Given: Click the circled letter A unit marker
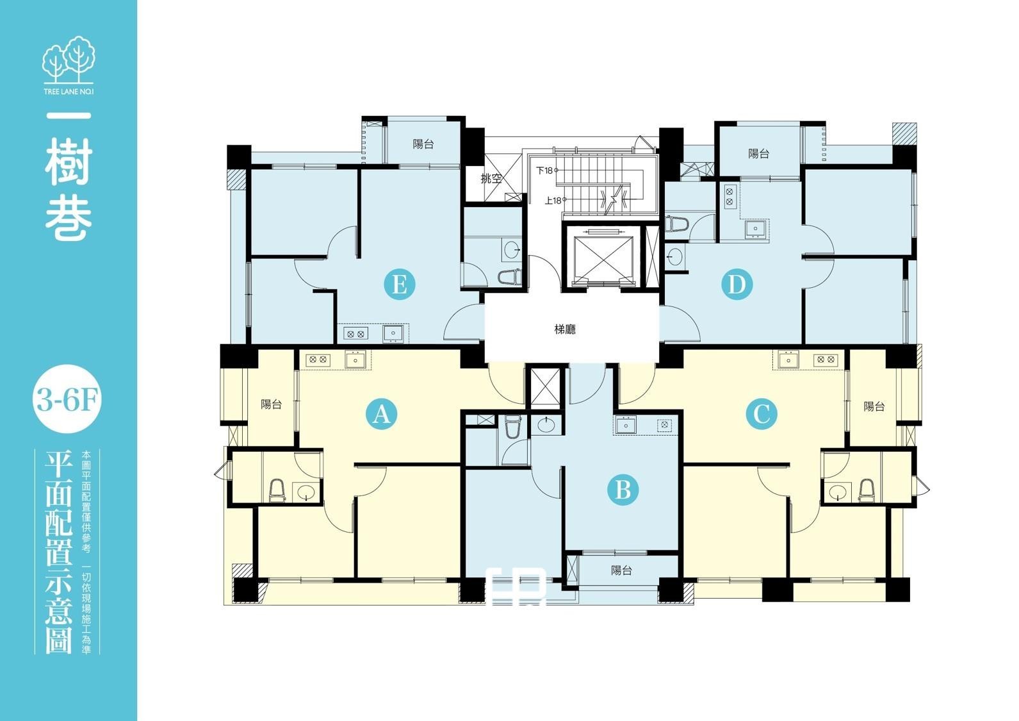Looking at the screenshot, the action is click(x=381, y=414).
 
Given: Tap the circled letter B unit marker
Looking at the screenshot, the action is click(x=623, y=490).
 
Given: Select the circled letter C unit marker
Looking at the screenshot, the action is click(x=762, y=414).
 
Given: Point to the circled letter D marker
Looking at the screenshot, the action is click(x=737, y=285).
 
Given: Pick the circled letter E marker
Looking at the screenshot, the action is click(x=400, y=285).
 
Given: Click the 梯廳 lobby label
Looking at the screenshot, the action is click(x=565, y=329).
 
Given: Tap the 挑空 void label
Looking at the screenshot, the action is click(x=491, y=178).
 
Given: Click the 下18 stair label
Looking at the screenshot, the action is click(x=544, y=170).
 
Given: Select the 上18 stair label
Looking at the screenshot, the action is click(x=553, y=200).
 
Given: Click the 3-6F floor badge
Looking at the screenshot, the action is click(x=67, y=399).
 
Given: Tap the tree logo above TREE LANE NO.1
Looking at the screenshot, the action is click(x=69, y=60).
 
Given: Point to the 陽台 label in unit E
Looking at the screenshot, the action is click(x=423, y=144).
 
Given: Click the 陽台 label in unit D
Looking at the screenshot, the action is click(x=759, y=154).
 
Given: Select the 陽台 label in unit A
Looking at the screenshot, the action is click(x=271, y=404).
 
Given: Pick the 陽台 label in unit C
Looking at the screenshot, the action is click(x=874, y=406).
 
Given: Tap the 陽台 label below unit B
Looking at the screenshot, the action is click(x=621, y=570).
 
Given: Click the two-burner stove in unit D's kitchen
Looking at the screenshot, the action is click(x=730, y=197).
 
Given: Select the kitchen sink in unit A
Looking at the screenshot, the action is click(x=355, y=360).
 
